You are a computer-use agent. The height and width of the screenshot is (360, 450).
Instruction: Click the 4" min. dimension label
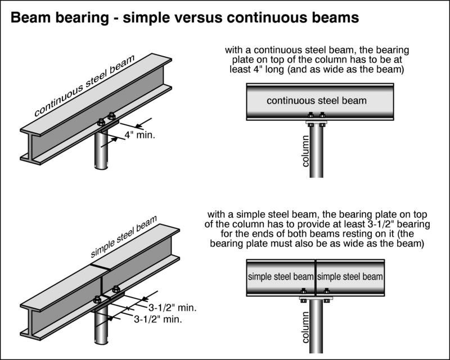[x=139, y=134]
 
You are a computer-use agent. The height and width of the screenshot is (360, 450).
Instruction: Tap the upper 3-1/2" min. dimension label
[x=173, y=308]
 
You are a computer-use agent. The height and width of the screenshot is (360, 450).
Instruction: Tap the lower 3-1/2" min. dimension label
[x=158, y=319]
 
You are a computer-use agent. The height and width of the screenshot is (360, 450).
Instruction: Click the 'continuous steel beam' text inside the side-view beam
[x=317, y=101]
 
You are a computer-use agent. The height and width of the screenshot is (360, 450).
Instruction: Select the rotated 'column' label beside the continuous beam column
[x=305, y=151]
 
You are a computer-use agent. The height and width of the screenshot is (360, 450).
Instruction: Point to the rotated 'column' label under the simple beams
[x=305, y=327]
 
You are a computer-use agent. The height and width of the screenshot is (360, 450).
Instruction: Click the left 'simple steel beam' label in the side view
[x=280, y=276]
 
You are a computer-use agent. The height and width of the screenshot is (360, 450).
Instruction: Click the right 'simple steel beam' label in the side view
[x=350, y=276]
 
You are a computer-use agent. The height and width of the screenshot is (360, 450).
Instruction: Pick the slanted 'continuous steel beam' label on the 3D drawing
[x=84, y=85]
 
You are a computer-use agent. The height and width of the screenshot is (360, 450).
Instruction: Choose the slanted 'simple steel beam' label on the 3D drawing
[x=123, y=237]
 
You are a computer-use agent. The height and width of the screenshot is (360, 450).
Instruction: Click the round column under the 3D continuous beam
[x=101, y=151]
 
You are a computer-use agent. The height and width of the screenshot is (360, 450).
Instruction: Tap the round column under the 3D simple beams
[x=101, y=326]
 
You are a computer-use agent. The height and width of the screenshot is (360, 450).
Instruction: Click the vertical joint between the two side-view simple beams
[x=315, y=278]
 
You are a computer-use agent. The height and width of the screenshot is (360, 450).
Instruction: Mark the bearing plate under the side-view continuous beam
[x=316, y=122]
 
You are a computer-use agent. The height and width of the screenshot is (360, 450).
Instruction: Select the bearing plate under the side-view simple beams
[x=316, y=298]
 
